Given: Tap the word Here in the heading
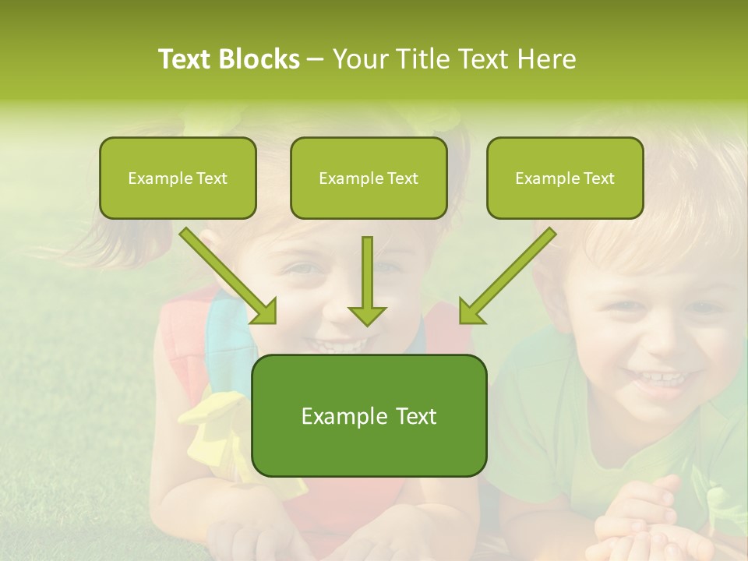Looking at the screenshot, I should point(546,59).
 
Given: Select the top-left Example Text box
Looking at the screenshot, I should point(178,178).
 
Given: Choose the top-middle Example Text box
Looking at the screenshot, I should point(369,178).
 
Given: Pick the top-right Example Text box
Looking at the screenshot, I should point(565,178).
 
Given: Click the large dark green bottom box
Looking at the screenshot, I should point(369,416).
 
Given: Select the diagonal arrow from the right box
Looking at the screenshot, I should point(507,275).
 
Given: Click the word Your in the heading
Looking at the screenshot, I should point(359,59).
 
